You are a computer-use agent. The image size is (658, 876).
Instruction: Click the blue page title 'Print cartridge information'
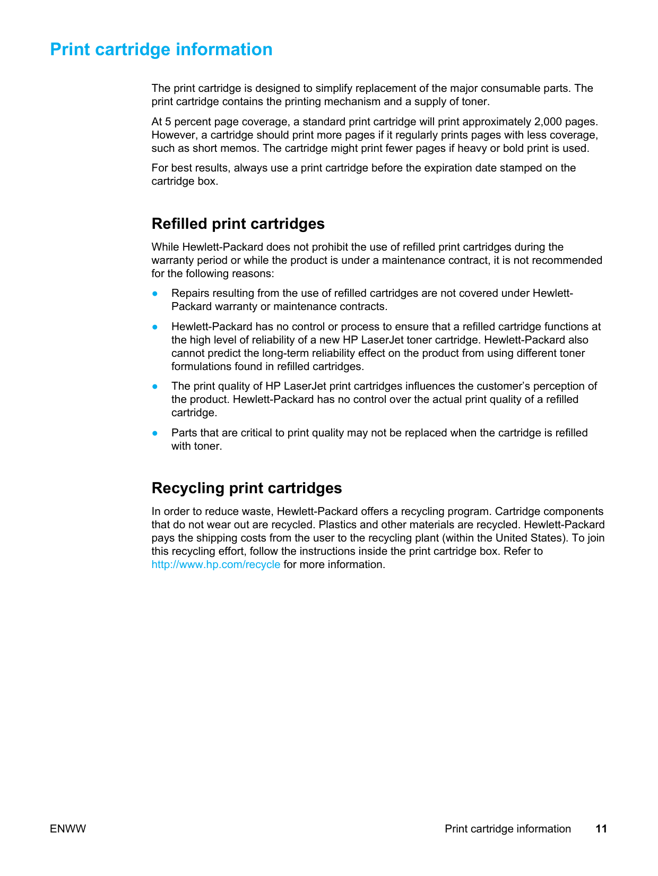(161, 49)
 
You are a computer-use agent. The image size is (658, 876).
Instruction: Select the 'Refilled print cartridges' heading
(238, 224)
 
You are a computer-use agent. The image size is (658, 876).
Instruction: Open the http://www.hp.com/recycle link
(215, 564)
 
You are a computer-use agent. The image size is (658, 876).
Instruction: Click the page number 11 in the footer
(601, 829)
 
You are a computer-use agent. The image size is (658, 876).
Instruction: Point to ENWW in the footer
(68, 829)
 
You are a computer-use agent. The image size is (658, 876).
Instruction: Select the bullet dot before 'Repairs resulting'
(155, 293)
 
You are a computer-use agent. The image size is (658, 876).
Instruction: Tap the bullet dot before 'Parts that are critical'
(155, 433)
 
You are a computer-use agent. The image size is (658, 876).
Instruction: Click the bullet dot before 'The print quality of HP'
(155, 386)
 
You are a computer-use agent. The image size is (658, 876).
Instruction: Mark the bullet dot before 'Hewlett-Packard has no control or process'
(155, 327)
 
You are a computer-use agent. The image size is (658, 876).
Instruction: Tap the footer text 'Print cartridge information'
(507, 829)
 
